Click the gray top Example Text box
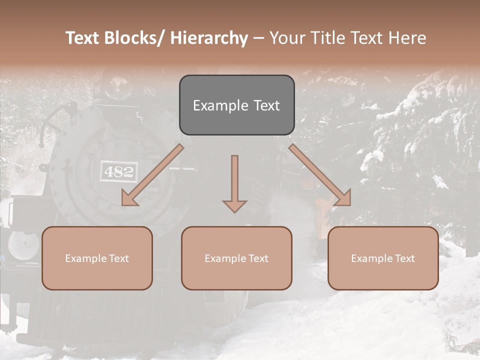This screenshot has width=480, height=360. (236, 105)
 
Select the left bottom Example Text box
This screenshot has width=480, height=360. (97, 258)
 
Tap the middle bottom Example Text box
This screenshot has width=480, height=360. (236, 258)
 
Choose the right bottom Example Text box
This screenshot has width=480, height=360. (383, 258)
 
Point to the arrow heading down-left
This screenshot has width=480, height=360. (153, 175)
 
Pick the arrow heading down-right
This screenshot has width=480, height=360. (320, 175)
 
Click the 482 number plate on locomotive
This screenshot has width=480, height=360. (119, 172)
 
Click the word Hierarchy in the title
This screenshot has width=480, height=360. (209, 38)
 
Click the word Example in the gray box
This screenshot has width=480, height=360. (220, 105)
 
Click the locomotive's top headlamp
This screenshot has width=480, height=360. (119, 89)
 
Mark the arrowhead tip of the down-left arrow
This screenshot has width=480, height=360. (123, 205)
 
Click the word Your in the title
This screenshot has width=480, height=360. (286, 38)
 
